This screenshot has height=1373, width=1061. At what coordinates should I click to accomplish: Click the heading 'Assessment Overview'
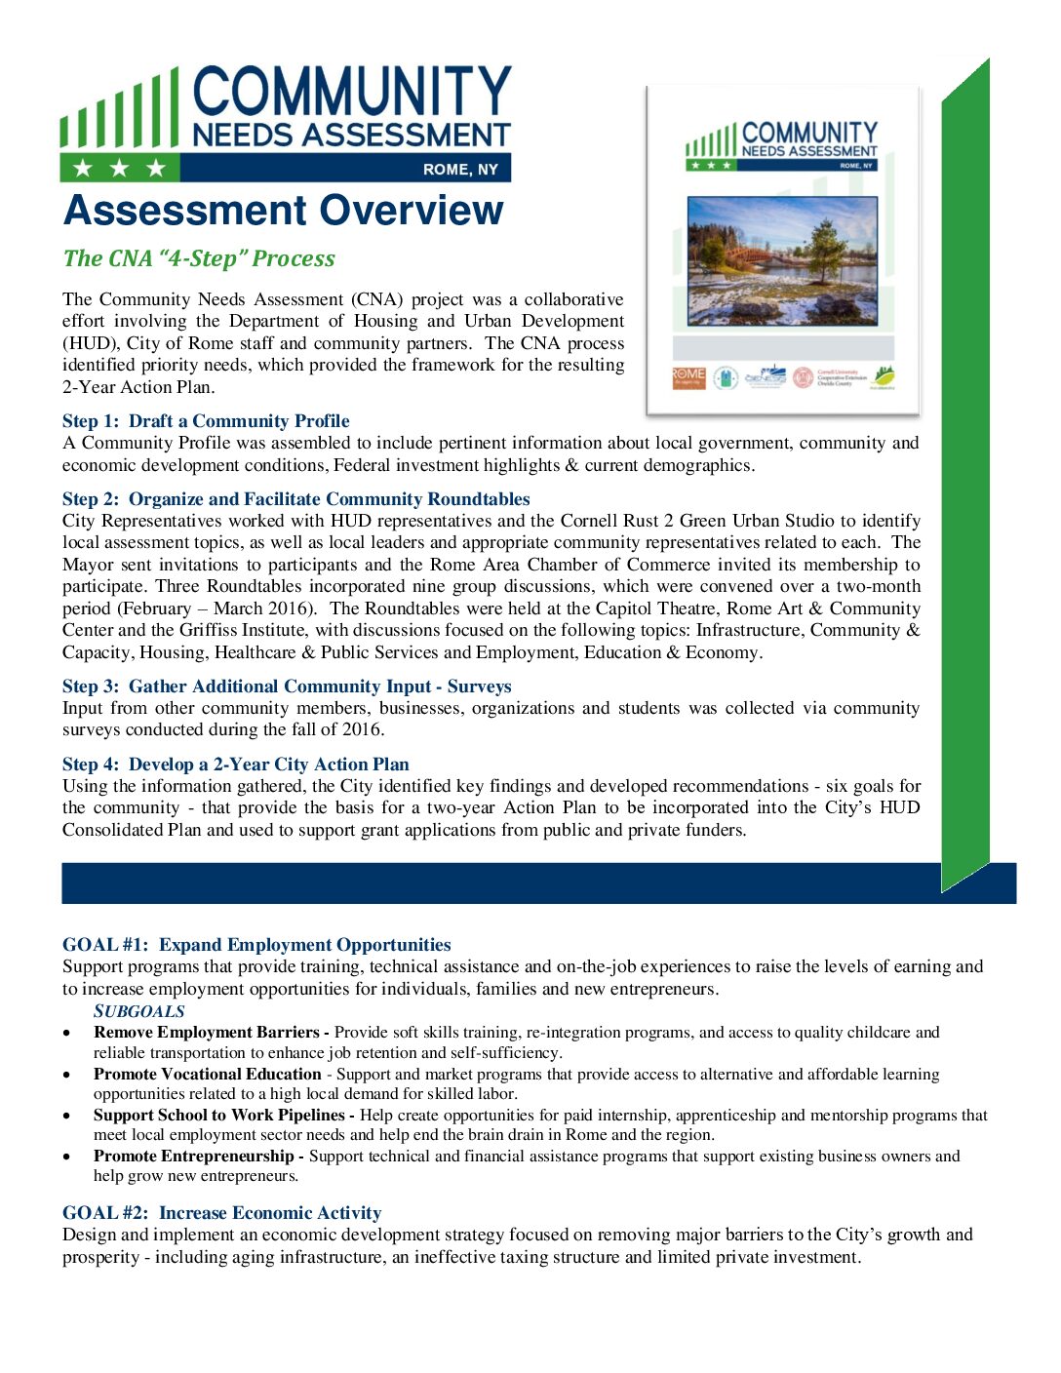(283, 211)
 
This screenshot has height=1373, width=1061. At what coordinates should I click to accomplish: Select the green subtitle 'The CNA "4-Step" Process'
(199, 258)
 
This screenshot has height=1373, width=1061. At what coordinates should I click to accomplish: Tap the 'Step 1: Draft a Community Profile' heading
(206, 421)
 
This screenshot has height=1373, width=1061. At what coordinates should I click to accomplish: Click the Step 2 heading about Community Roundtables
(296, 499)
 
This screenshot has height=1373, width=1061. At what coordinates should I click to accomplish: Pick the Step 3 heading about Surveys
(287, 686)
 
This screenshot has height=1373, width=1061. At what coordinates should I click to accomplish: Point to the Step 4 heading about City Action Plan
(236, 765)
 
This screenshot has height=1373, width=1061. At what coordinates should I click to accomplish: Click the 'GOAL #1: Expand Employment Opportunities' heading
(256, 945)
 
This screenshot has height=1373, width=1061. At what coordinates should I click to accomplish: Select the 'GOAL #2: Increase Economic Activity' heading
(221, 1213)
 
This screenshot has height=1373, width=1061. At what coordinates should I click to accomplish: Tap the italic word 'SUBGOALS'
(139, 1011)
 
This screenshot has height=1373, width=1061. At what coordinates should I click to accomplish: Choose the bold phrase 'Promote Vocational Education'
(208, 1074)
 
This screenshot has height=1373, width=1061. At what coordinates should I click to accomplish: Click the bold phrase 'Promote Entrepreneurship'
(194, 1156)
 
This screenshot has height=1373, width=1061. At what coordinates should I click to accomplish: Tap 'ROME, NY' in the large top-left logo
(460, 170)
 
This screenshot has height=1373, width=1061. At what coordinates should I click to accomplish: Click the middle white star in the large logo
(120, 169)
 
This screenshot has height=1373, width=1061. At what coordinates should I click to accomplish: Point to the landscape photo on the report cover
(782, 261)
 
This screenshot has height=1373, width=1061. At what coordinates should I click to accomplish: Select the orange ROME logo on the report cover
(688, 377)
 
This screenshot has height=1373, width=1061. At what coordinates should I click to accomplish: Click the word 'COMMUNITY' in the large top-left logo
(352, 94)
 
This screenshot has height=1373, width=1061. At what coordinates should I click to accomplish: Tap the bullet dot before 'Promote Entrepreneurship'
(66, 1157)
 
